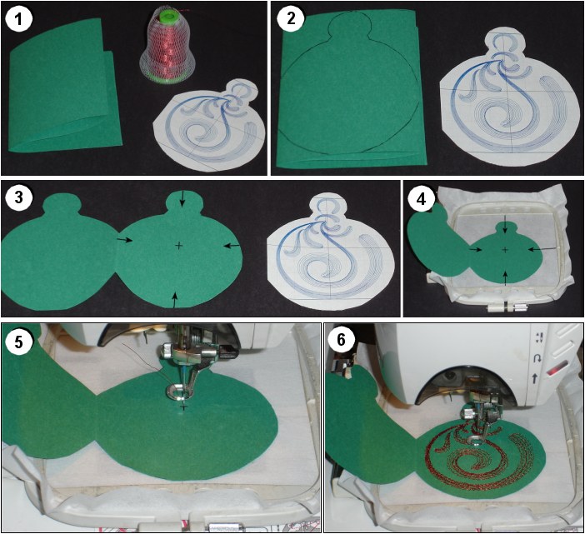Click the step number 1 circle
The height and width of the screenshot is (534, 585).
point(19,18)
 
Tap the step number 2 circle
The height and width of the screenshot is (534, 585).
point(290,18)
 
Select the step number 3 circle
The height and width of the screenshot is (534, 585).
point(19,197)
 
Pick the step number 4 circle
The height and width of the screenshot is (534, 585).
point(421,198)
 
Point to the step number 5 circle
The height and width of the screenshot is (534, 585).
point(18,341)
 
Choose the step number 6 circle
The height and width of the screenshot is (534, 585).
point(342,339)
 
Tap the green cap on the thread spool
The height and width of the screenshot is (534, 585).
point(169,17)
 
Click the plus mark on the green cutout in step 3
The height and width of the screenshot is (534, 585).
point(179,245)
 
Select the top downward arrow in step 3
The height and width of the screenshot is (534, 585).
point(182,198)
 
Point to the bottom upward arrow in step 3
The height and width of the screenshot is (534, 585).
point(175,300)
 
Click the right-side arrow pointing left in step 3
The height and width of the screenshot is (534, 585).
point(232,246)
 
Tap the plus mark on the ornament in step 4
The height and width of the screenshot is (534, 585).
point(505,249)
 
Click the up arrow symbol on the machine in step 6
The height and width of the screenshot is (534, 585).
point(535,379)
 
